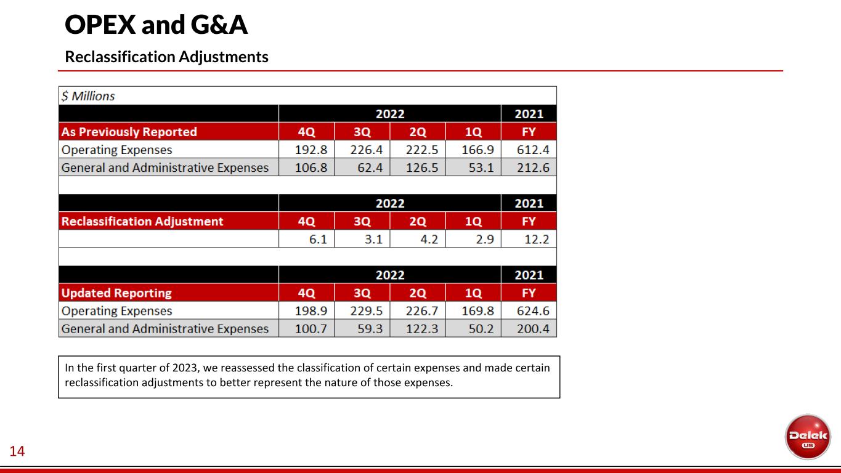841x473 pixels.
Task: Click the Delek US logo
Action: (808, 437)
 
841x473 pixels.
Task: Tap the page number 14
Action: (17, 451)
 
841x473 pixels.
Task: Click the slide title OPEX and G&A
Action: (156, 25)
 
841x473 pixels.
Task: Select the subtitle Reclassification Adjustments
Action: (167, 57)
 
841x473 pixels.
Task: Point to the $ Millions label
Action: (88, 96)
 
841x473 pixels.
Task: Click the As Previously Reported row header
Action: (129, 132)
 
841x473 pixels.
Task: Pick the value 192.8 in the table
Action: (311, 150)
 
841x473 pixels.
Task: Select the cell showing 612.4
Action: (533, 150)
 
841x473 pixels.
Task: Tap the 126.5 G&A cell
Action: (421, 168)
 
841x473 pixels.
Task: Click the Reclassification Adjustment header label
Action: (142, 221)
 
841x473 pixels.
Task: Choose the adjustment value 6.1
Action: (318, 239)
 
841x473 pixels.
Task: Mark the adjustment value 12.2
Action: (537, 239)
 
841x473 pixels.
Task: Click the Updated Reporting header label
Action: (116, 293)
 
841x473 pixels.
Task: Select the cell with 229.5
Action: (367, 311)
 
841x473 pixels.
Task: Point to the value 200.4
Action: (533, 329)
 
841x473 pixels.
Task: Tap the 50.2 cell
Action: (481, 329)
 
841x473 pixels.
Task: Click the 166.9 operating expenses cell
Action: (477, 150)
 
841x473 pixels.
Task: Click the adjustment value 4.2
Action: (429, 239)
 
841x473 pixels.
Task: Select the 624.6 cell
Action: (533, 311)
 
